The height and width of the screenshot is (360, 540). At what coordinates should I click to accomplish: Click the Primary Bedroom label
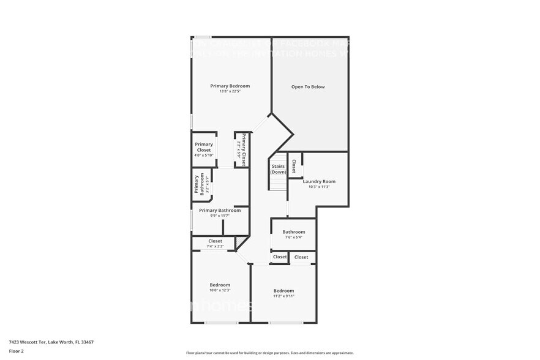coord(230,86)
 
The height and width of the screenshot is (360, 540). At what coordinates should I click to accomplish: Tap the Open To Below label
coord(307,87)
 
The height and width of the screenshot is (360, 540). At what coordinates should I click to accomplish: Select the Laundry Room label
coord(319,181)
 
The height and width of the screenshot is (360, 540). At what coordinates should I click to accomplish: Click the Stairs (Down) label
coord(279,169)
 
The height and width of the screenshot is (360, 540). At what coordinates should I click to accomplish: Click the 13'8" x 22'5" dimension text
coord(230,92)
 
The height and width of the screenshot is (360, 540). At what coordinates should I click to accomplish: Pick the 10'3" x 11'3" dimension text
coord(319,187)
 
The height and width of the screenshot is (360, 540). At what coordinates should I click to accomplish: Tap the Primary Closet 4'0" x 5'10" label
coord(204,147)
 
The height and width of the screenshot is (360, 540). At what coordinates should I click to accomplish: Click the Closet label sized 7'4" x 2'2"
coord(215,241)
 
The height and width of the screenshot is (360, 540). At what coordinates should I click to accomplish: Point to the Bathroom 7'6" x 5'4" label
coord(294,232)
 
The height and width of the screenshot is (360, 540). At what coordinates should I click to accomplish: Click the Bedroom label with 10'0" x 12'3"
coord(220,285)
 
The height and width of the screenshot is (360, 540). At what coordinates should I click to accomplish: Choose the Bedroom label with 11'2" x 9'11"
coord(283,291)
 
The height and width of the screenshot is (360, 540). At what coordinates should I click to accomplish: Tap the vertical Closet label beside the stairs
coord(294,166)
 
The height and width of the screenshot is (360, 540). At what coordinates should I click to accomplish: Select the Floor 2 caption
coord(16,351)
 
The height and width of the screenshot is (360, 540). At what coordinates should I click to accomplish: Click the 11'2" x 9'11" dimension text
coord(283,296)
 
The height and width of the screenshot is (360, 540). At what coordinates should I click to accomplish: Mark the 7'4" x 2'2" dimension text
coord(215,247)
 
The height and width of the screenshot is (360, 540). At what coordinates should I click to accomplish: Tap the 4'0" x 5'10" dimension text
coord(204,156)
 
